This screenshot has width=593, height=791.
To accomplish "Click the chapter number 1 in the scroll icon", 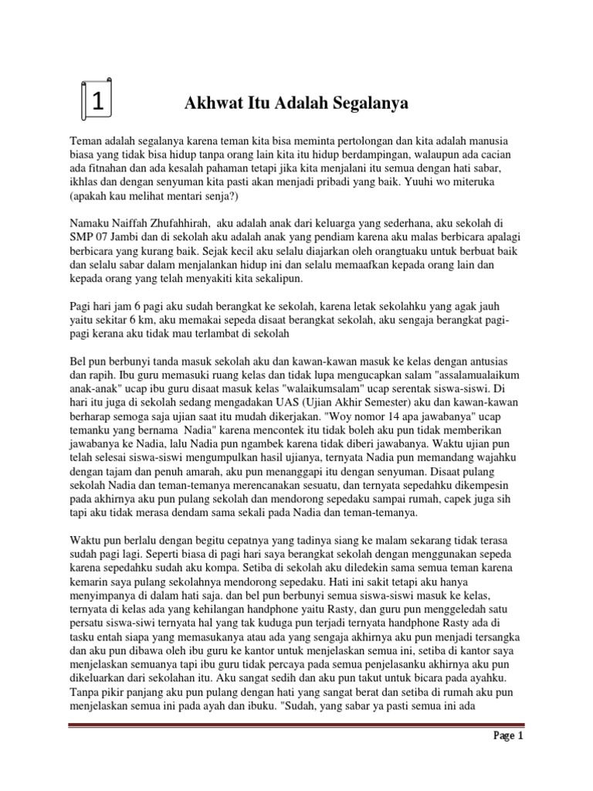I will click(98, 101).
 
